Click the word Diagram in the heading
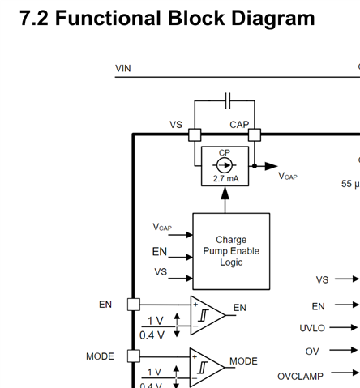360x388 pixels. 273,19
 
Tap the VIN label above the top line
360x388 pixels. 123,68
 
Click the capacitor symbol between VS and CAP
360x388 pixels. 228,100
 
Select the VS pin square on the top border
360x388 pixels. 195,134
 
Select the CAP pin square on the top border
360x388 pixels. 255,134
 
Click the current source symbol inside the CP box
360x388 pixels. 225,165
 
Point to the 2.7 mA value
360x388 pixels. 225,178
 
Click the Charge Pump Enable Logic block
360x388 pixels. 231,251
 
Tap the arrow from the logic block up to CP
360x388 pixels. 225,200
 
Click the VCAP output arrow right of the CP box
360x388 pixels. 266,166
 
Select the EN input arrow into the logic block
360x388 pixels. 181,257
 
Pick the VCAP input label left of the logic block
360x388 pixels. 162,227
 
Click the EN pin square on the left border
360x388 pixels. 134,305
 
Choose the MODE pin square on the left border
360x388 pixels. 134,356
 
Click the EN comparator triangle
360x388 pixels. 208,315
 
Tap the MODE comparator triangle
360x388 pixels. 207,368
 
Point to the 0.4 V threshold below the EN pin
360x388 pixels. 152,335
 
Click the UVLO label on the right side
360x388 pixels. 312,328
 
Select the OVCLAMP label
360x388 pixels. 300,377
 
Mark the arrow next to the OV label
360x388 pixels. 344,350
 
